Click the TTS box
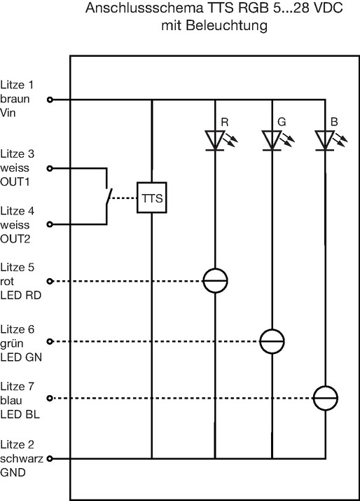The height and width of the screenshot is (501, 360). tap(152, 198)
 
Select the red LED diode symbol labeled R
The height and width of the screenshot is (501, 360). tap(215, 140)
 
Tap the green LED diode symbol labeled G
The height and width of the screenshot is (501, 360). tap(272, 140)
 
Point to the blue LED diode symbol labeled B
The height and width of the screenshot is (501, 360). tap(325, 140)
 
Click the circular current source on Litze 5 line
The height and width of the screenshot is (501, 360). tap(215, 281)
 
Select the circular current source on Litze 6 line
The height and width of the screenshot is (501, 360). tap(272, 341)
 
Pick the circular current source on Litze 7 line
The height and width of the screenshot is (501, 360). tap(325, 398)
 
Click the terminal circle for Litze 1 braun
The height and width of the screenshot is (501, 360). tap(50, 100)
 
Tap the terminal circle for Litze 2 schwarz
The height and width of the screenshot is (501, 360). tap(50, 459)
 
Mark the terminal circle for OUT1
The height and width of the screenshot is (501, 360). tap(50, 168)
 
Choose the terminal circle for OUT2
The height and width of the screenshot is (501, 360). tap(50, 225)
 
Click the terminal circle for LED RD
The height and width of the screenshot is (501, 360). tap(50, 281)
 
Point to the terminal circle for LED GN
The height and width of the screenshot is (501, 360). tap(50, 341)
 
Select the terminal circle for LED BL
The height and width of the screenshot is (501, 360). tap(50, 399)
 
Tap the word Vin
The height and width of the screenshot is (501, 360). tap(8, 113)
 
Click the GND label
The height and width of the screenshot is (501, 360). tap(13, 472)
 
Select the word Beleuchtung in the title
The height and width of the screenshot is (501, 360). tap(226, 25)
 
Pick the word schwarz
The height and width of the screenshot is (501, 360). tap(22, 458)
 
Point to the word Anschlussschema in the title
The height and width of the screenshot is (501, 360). tap(144, 8)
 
